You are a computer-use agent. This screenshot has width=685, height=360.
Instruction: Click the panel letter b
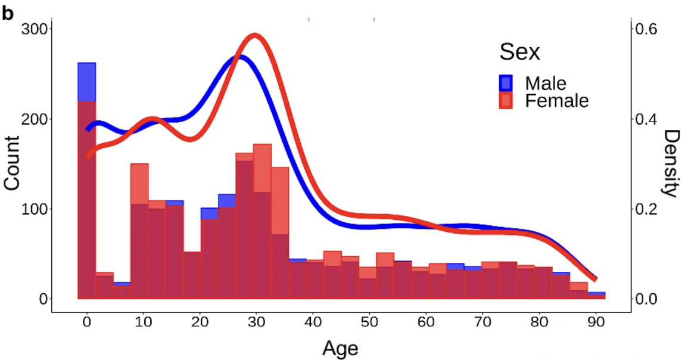(7, 14)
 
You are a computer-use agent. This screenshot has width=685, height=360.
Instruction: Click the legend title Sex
(519, 52)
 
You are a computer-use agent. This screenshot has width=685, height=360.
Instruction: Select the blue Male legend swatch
(506, 82)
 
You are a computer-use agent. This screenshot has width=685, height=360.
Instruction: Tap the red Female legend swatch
(506, 101)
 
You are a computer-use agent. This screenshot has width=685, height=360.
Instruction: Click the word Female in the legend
(556, 101)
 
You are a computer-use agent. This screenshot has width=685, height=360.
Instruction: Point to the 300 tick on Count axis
(35, 29)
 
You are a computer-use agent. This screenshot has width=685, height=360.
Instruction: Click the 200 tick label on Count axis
(35, 119)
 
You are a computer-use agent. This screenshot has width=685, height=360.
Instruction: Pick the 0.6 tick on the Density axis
(649, 29)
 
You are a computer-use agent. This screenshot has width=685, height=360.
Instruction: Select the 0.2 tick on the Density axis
(649, 209)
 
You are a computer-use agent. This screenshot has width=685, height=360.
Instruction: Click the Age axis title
(340, 347)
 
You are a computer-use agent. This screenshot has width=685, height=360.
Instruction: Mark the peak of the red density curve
(256, 36)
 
